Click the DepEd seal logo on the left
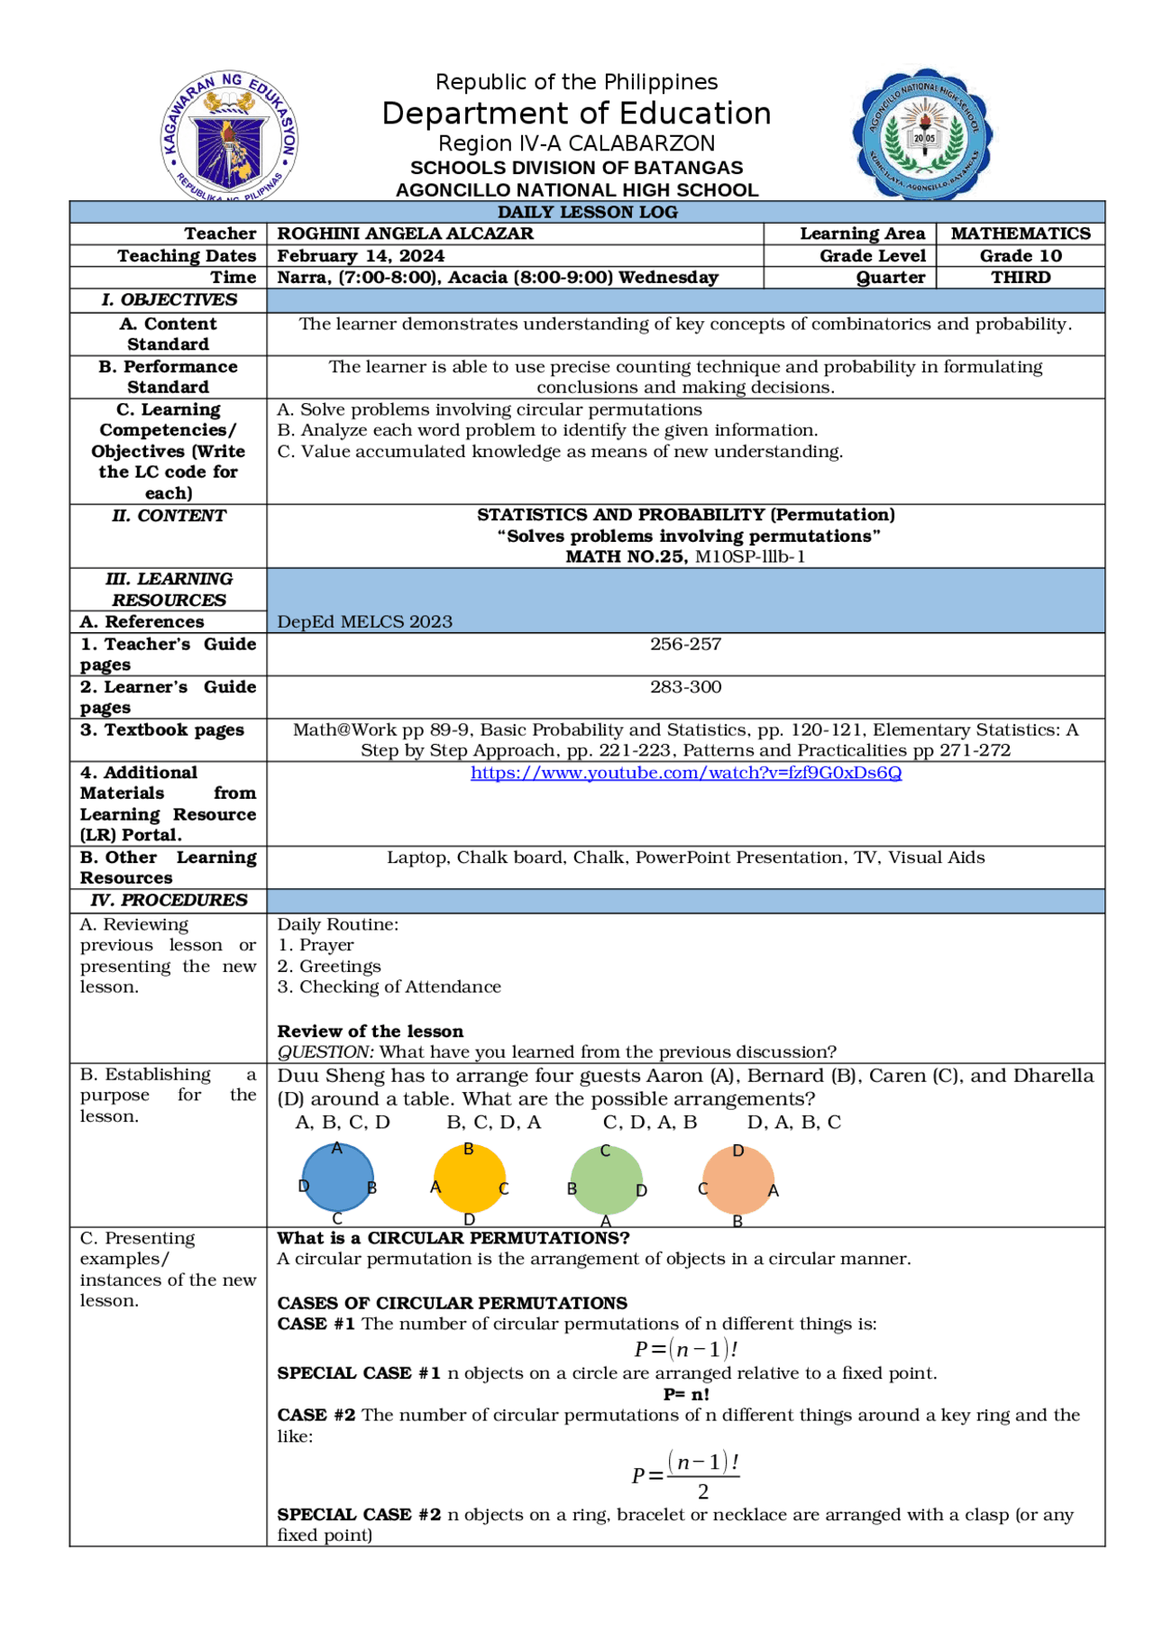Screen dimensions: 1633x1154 tap(230, 135)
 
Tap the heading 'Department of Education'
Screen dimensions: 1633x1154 tap(576, 114)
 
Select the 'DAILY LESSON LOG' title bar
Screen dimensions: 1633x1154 tap(587, 212)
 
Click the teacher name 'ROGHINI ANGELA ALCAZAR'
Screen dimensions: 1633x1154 tap(405, 234)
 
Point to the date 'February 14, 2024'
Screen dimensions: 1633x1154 tap(361, 256)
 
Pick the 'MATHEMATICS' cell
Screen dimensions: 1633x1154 tap(1021, 234)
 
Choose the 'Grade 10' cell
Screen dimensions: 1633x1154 tap(1021, 256)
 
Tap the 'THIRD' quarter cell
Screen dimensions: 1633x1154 tap(1021, 278)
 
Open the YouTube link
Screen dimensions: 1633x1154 tap(686, 773)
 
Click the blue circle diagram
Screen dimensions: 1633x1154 tap(337, 1178)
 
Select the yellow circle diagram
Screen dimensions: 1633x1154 tap(470, 1179)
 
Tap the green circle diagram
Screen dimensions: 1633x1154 tap(607, 1179)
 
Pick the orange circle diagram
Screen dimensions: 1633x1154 tap(738, 1179)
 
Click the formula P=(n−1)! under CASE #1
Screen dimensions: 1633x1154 tap(686, 1349)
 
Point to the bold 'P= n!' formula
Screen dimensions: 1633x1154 tap(686, 1394)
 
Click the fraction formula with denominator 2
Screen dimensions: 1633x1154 tap(686, 1475)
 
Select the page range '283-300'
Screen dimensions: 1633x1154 tap(686, 687)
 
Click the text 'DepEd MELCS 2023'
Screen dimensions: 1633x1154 tap(364, 621)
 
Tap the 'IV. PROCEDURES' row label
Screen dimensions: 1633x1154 tap(169, 900)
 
